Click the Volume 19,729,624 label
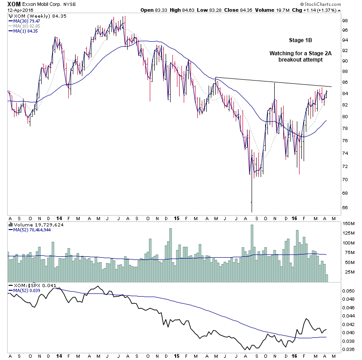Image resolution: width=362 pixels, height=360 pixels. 36,224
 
